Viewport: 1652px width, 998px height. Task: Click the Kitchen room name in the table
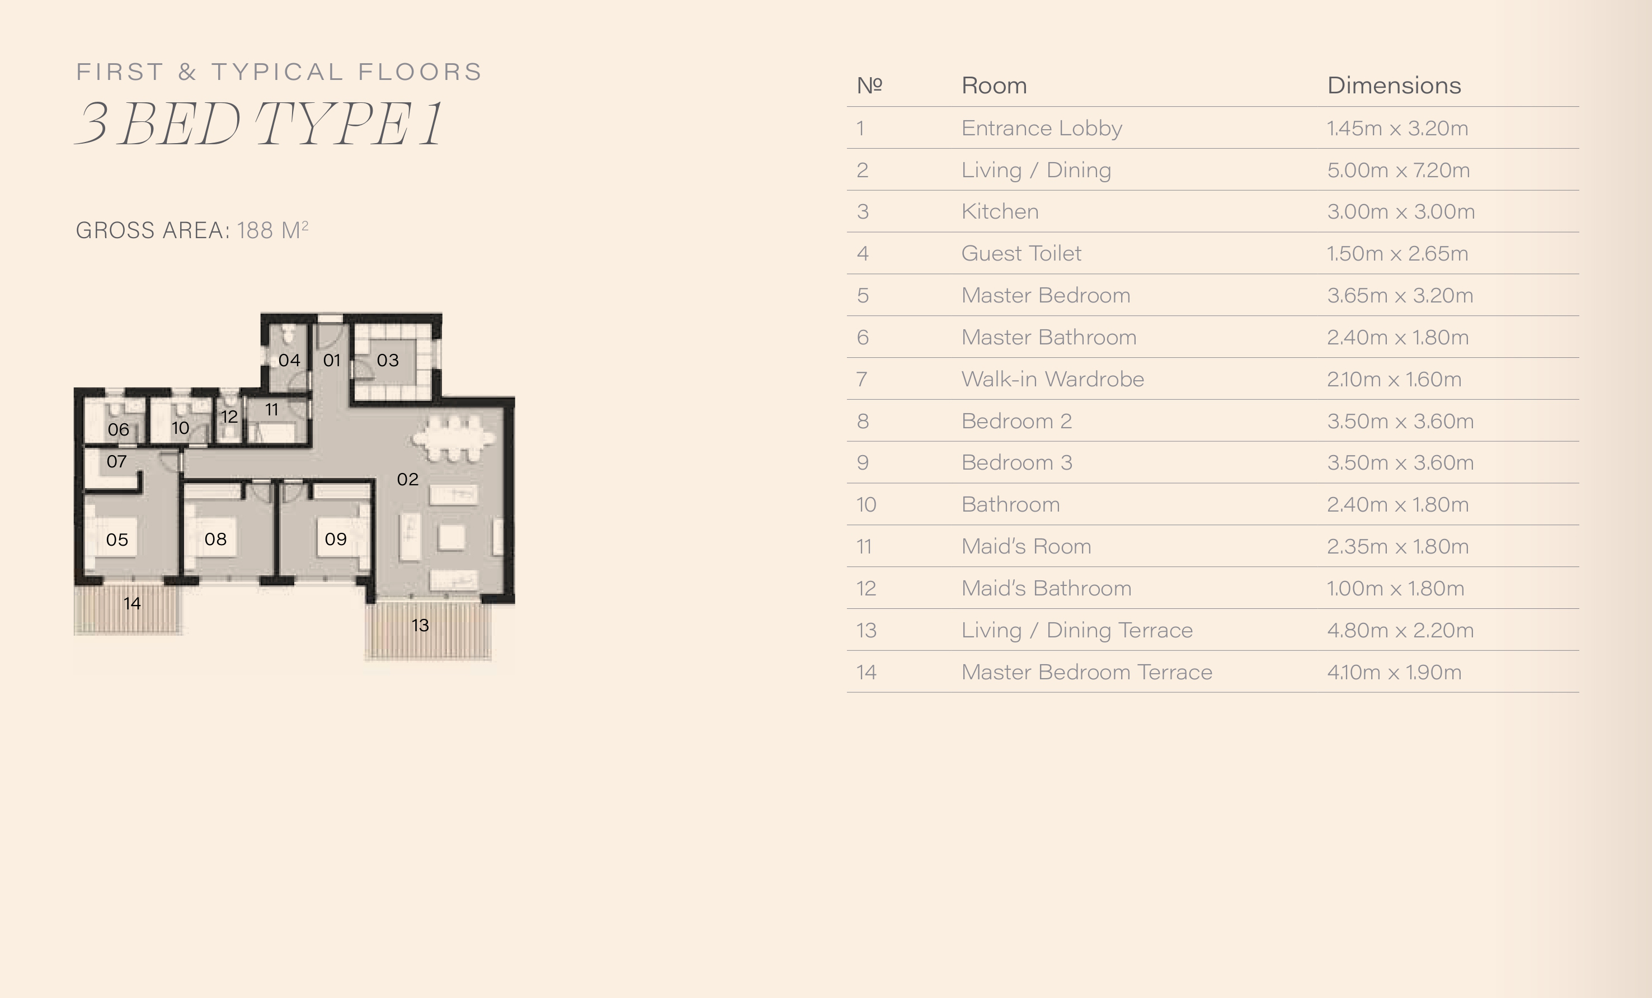[1000, 211]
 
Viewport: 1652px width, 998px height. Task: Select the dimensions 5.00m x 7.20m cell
[1398, 169]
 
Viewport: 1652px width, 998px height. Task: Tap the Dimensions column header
[1394, 85]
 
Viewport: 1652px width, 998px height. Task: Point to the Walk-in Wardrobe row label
[1053, 379]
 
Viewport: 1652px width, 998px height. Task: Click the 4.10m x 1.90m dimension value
[1394, 671]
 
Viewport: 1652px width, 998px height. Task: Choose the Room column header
[994, 85]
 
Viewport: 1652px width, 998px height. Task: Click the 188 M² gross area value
[272, 229]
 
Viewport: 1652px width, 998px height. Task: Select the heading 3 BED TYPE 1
[259, 124]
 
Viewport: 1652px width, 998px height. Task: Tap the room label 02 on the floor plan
[408, 479]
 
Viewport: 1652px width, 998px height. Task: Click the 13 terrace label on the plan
[420, 625]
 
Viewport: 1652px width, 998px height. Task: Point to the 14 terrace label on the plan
[132, 603]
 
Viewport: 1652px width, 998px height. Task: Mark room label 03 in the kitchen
[388, 360]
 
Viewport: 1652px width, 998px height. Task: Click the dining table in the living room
[455, 439]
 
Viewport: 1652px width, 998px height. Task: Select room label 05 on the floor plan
[117, 540]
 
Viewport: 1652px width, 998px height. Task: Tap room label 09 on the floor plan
[335, 539]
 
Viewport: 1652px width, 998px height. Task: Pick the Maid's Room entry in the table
[1026, 546]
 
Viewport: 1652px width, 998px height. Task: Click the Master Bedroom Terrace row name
[1087, 671]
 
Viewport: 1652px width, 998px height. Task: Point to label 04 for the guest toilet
[289, 360]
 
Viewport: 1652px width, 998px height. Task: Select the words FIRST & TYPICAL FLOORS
[279, 72]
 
